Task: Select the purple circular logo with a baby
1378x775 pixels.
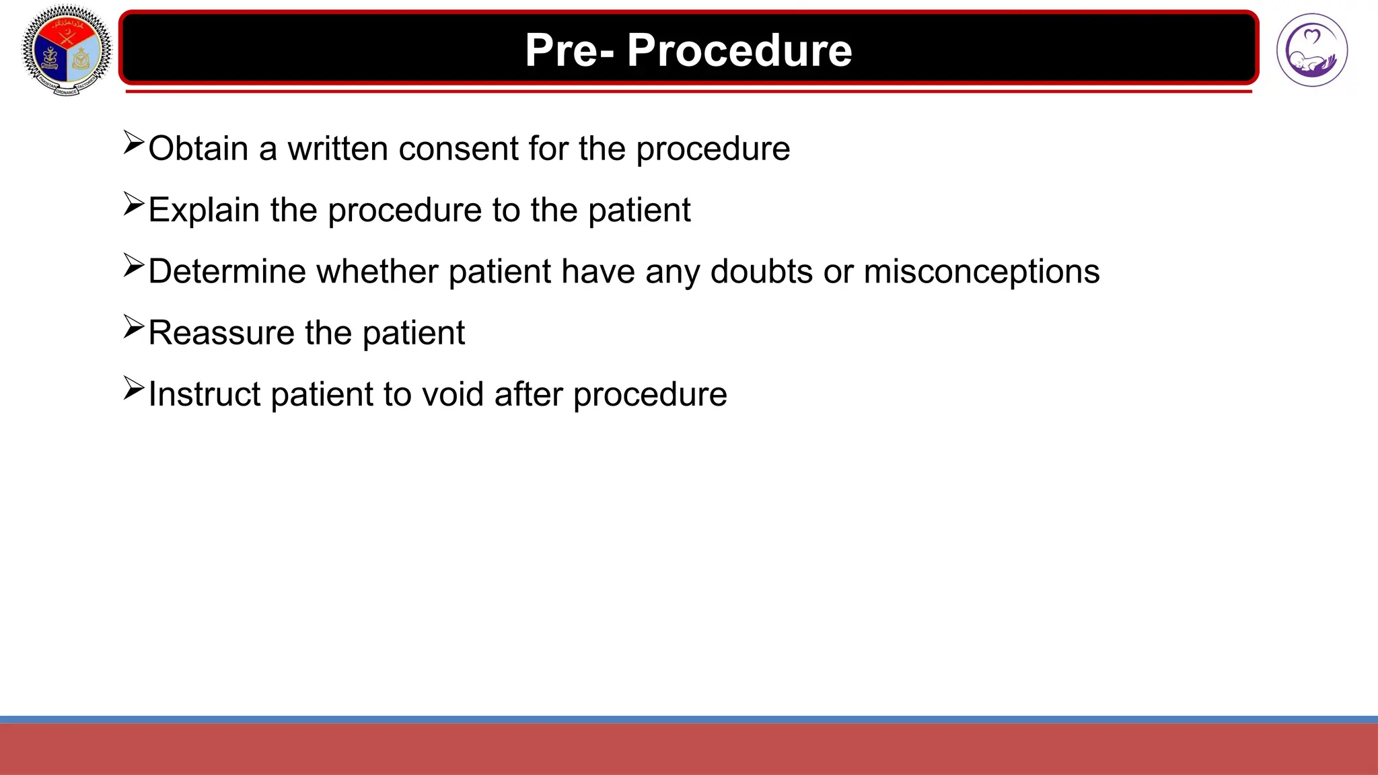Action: tap(1311, 50)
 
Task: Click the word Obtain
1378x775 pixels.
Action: tap(198, 149)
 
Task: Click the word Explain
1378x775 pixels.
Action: tap(204, 210)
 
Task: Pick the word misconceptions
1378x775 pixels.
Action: tap(982, 272)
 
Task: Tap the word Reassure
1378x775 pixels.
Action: tap(221, 333)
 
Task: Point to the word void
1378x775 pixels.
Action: tap(452, 394)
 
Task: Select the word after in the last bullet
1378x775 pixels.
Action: tap(528, 394)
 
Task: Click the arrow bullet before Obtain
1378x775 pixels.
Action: tap(134, 143)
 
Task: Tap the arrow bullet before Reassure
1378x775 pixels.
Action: tap(134, 327)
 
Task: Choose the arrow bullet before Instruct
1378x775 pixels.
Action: tap(134, 388)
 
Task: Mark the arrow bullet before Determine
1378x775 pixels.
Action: tap(134, 266)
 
